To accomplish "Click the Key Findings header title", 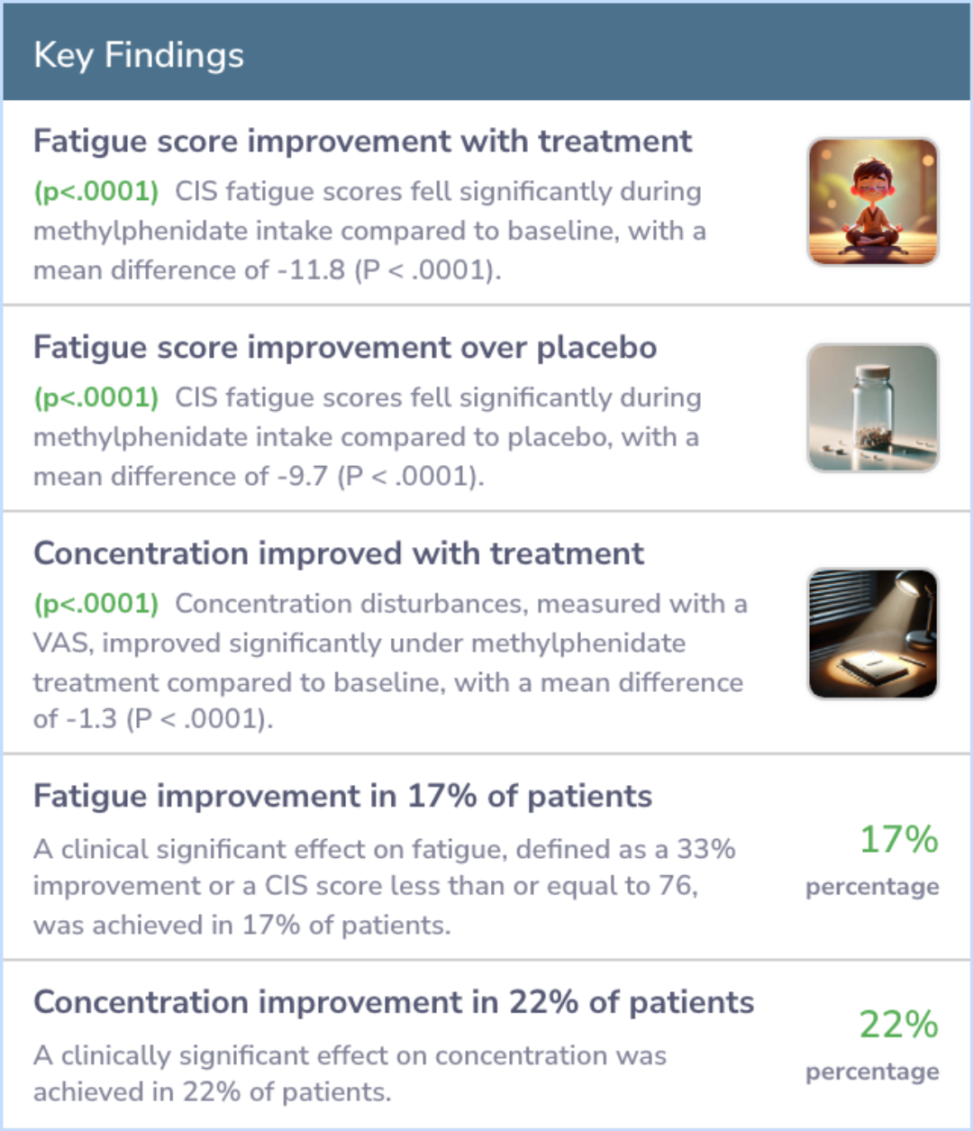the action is point(139,56).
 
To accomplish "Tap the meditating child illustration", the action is point(873,202).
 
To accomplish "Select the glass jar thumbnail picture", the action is point(873,407).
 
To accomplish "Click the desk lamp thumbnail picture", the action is point(873,634).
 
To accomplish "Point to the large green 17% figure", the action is point(898,839).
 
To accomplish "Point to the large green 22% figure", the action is point(898,1025).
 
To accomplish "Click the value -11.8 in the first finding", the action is point(311,270).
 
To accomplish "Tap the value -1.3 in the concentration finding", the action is point(91,719).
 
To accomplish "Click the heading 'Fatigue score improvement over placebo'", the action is point(345,348).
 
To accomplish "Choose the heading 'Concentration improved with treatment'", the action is point(339,553).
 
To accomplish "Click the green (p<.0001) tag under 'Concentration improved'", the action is point(96,604).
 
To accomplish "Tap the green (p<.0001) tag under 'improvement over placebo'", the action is point(96,397).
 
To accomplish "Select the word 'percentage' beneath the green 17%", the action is point(872,888).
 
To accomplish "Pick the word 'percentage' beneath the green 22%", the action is point(872,1072).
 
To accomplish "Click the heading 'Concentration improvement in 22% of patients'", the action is point(394,1002).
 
